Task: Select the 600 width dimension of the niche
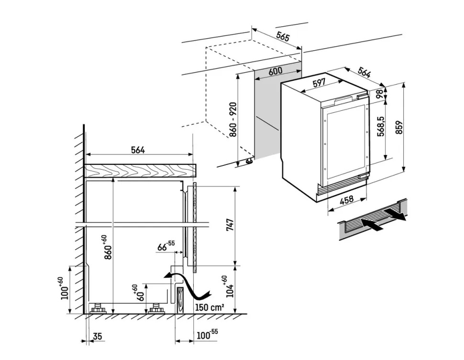(275, 71)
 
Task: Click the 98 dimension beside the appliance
(380, 94)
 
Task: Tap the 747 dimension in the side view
(230, 225)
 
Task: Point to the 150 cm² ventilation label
(209, 307)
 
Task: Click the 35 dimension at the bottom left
(98, 337)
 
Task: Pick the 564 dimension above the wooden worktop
(138, 150)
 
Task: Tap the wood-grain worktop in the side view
(140, 171)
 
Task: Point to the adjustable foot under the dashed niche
(249, 162)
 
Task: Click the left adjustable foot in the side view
(99, 308)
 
